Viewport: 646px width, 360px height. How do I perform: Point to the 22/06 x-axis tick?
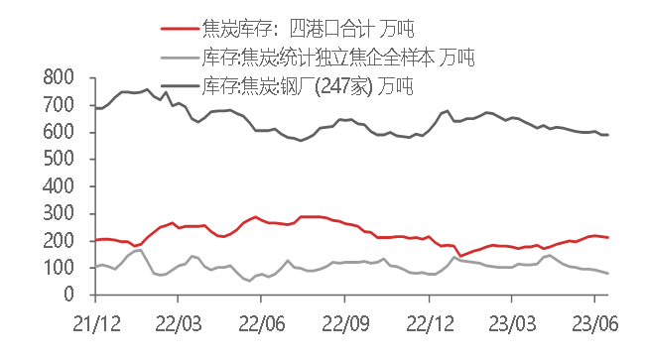[x=260, y=323]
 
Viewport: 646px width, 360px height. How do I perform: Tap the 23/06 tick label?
[x=593, y=323]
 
